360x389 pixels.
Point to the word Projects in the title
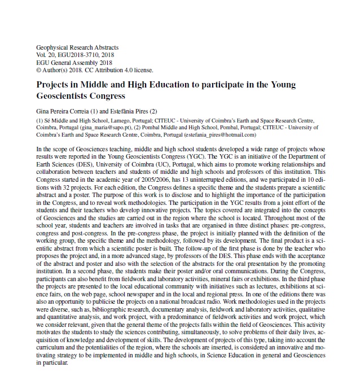pyautogui.click(x=56, y=85)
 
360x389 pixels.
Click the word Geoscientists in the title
pyautogui.click(x=67, y=96)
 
